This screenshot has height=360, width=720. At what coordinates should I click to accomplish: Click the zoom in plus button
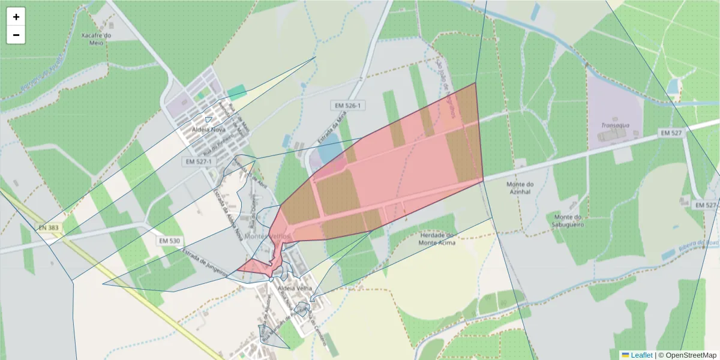pos(16,17)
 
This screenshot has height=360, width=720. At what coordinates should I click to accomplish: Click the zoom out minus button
pos(16,35)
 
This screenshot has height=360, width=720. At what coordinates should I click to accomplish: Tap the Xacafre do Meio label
pos(97,38)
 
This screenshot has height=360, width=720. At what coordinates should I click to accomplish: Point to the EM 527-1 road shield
pos(199,161)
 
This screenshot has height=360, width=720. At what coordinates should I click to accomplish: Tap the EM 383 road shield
pos(49,227)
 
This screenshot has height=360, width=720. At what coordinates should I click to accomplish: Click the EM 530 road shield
pos(170,241)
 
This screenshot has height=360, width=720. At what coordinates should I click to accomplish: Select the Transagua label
pos(614,125)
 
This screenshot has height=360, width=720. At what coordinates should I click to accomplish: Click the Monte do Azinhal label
pos(520,187)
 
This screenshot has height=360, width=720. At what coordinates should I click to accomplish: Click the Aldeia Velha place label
pos(295,289)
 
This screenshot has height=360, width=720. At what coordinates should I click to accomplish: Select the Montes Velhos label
pos(268,236)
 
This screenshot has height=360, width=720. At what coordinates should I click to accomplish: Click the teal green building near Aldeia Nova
pos(237,92)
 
